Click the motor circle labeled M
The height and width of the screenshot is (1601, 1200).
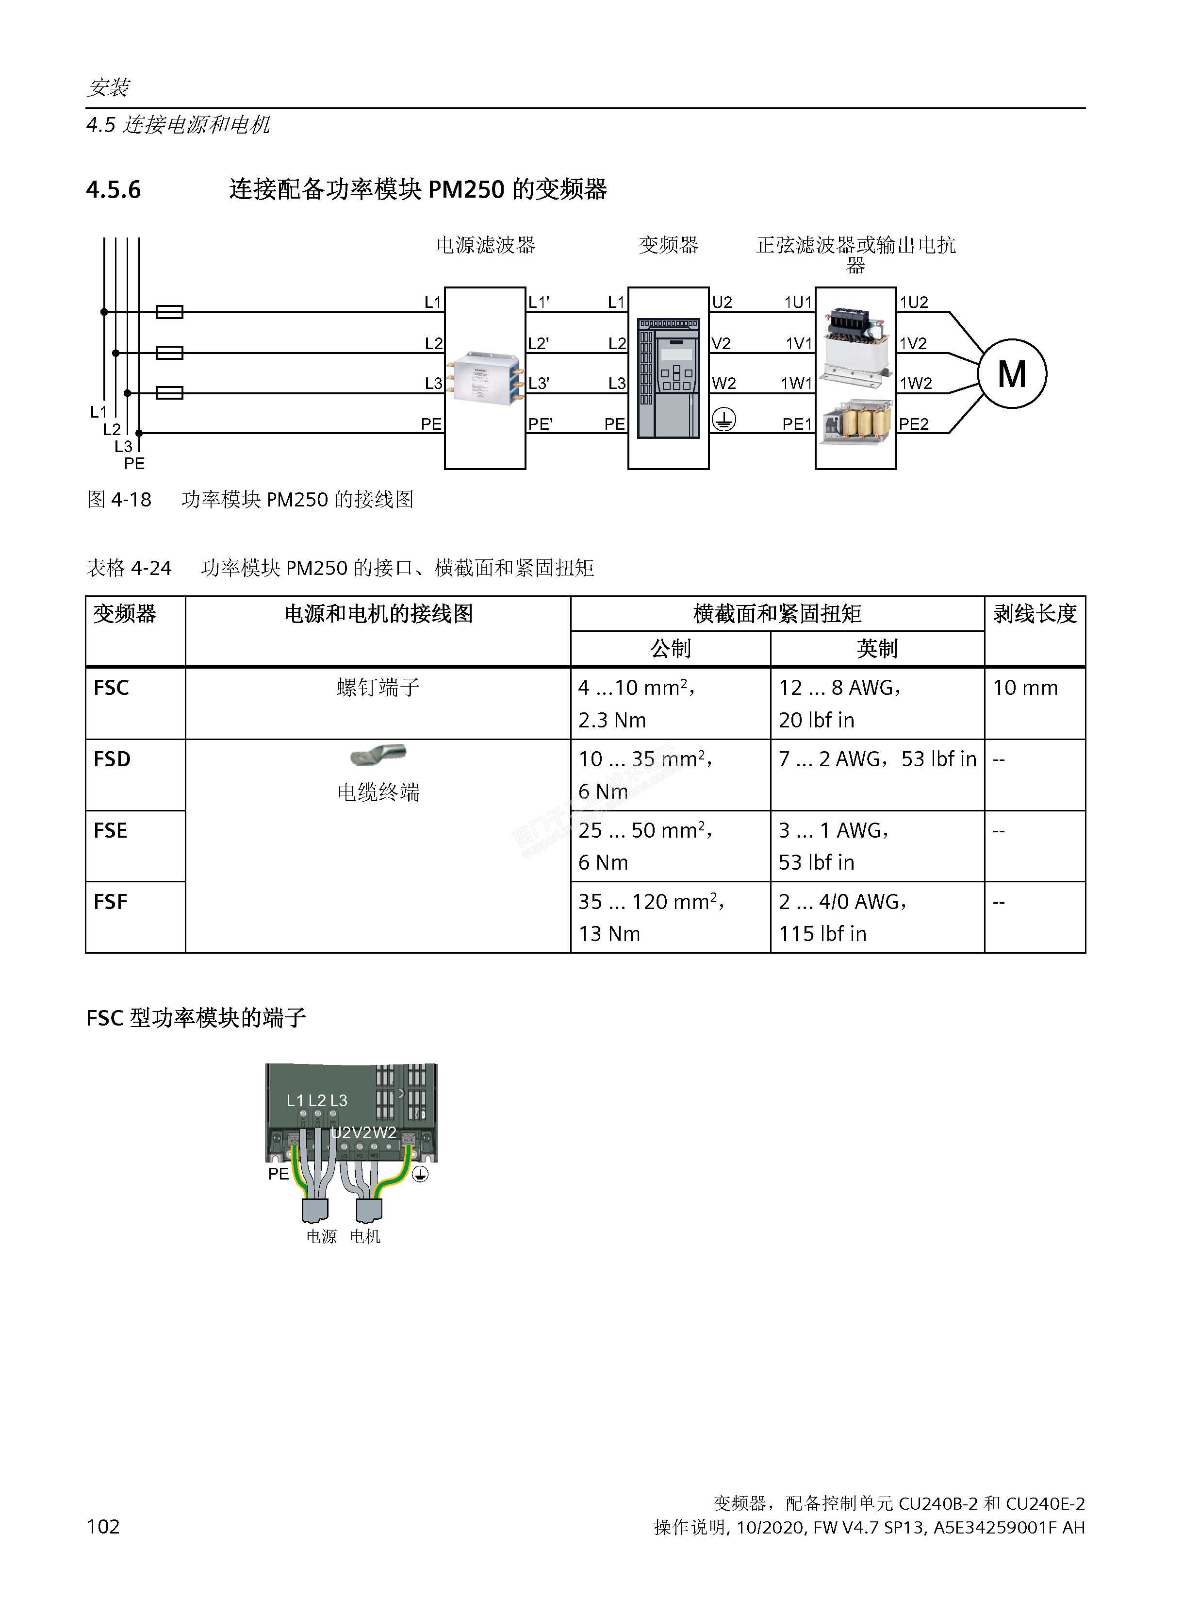pyautogui.click(x=1012, y=373)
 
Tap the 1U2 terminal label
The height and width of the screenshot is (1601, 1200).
pyautogui.click(x=914, y=303)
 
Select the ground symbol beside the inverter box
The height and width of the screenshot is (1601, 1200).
pyautogui.click(x=724, y=419)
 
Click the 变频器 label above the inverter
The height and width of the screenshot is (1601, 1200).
pyautogui.click(x=668, y=245)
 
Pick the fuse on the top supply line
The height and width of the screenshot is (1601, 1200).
pyautogui.click(x=170, y=312)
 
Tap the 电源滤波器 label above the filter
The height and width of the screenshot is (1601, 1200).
pyautogui.click(x=485, y=245)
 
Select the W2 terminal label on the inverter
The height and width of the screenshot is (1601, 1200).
pyautogui.click(x=723, y=384)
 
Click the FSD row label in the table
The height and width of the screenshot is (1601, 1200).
pyautogui.click(x=112, y=759)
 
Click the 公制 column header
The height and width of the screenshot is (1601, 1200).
pyautogui.click(x=671, y=648)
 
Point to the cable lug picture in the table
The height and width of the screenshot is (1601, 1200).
pyautogui.click(x=378, y=756)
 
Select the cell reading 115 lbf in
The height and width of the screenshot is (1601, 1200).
pyautogui.click(x=822, y=934)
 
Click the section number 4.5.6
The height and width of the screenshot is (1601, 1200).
pyautogui.click(x=114, y=190)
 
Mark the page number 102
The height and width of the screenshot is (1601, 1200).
pyautogui.click(x=103, y=1526)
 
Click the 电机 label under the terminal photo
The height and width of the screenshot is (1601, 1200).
pyautogui.click(x=365, y=1237)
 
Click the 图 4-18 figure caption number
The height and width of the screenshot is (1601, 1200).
pyautogui.click(x=119, y=499)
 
